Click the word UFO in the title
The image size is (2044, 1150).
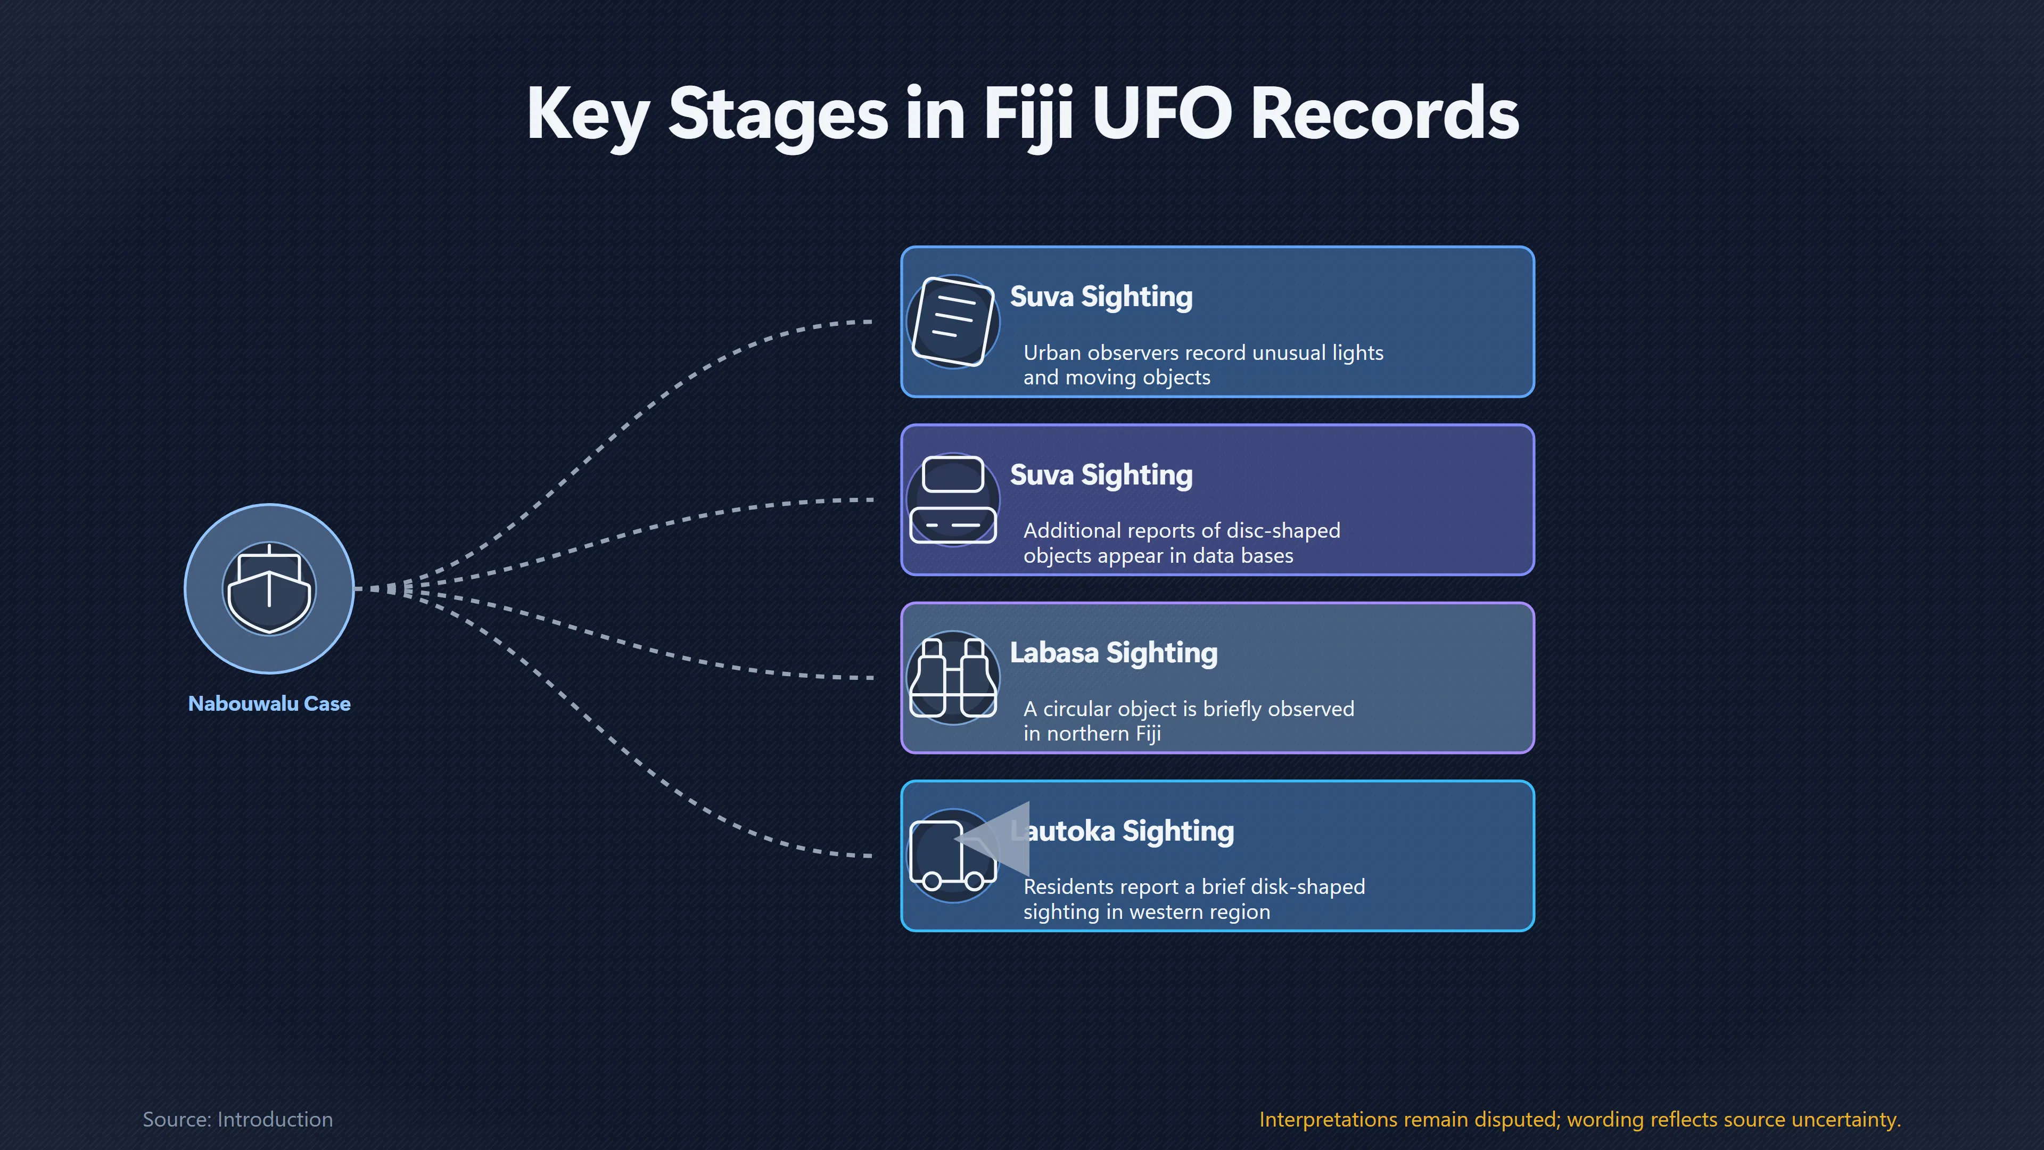pyautogui.click(x=1164, y=113)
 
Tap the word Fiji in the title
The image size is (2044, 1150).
pyautogui.click(x=1029, y=118)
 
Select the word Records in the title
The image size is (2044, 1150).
pyautogui.click(x=1384, y=113)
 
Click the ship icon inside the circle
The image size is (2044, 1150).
pyautogui.click(x=269, y=588)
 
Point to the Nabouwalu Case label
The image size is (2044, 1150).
pyautogui.click(x=269, y=703)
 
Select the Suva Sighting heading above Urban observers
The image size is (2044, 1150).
pyautogui.click(x=1101, y=297)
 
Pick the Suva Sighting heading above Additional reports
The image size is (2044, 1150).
pyautogui.click(x=1101, y=475)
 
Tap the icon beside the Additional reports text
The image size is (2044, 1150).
pyautogui.click(x=953, y=499)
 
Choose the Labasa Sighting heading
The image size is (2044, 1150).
pyautogui.click(x=1113, y=653)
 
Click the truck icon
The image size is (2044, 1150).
pyautogui.click(x=953, y=856)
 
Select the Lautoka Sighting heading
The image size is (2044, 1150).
pyautogui.click(x=1122, y=831)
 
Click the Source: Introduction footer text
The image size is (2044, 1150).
pyautogui.click(x=237, y=1119)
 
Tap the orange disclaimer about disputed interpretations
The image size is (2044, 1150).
pyautogui.click(x=1580, y=1119)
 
